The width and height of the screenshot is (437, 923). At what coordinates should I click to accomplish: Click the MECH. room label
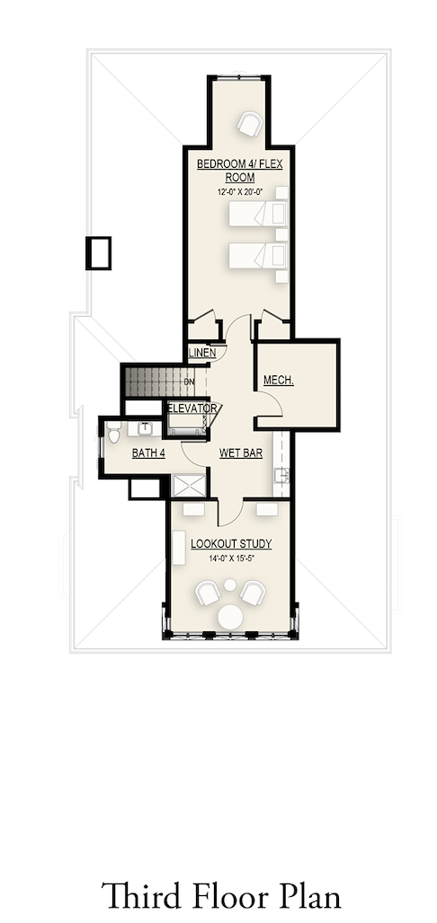(x=279, y=381)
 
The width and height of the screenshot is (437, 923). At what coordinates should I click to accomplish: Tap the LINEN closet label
(x=201, y=353)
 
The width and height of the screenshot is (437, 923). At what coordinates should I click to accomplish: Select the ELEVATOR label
(x=192, y=408)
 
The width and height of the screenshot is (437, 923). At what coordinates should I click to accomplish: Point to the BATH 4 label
(x=148, y=453)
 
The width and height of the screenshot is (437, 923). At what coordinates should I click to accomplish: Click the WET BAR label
(x=241, y=453)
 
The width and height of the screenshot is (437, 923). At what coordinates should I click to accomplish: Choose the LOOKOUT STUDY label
(x=231, y=544)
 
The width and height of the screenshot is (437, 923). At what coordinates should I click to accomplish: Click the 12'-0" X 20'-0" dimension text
(x=239, y=191)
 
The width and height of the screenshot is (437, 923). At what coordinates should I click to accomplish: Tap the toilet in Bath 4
(x=114, y=432)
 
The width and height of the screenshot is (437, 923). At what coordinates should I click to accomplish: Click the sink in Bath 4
(x=144, y=428)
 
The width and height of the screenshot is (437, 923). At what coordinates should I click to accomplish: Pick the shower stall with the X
(x=190, y=485)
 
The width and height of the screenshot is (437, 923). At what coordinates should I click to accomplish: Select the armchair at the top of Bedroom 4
(x=249, y=124)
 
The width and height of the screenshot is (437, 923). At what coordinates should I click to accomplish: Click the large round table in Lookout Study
(x=230, y=617)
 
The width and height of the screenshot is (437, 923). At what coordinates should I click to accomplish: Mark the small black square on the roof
(x=99, y=253)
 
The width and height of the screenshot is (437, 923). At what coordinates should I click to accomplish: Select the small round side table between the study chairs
(x=230, y=585)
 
